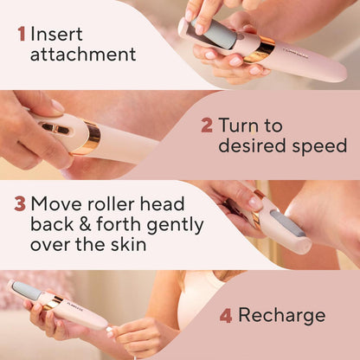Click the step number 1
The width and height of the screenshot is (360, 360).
[x=22, y=35]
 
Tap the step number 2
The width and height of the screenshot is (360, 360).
[x=207, y=125]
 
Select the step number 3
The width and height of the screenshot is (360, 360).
[x=19, y=204]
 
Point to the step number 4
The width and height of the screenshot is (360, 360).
[x=226, y=315]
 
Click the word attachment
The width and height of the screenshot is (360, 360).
[x=83, y=55]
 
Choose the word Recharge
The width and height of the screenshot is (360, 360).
[x=282, y=315]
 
